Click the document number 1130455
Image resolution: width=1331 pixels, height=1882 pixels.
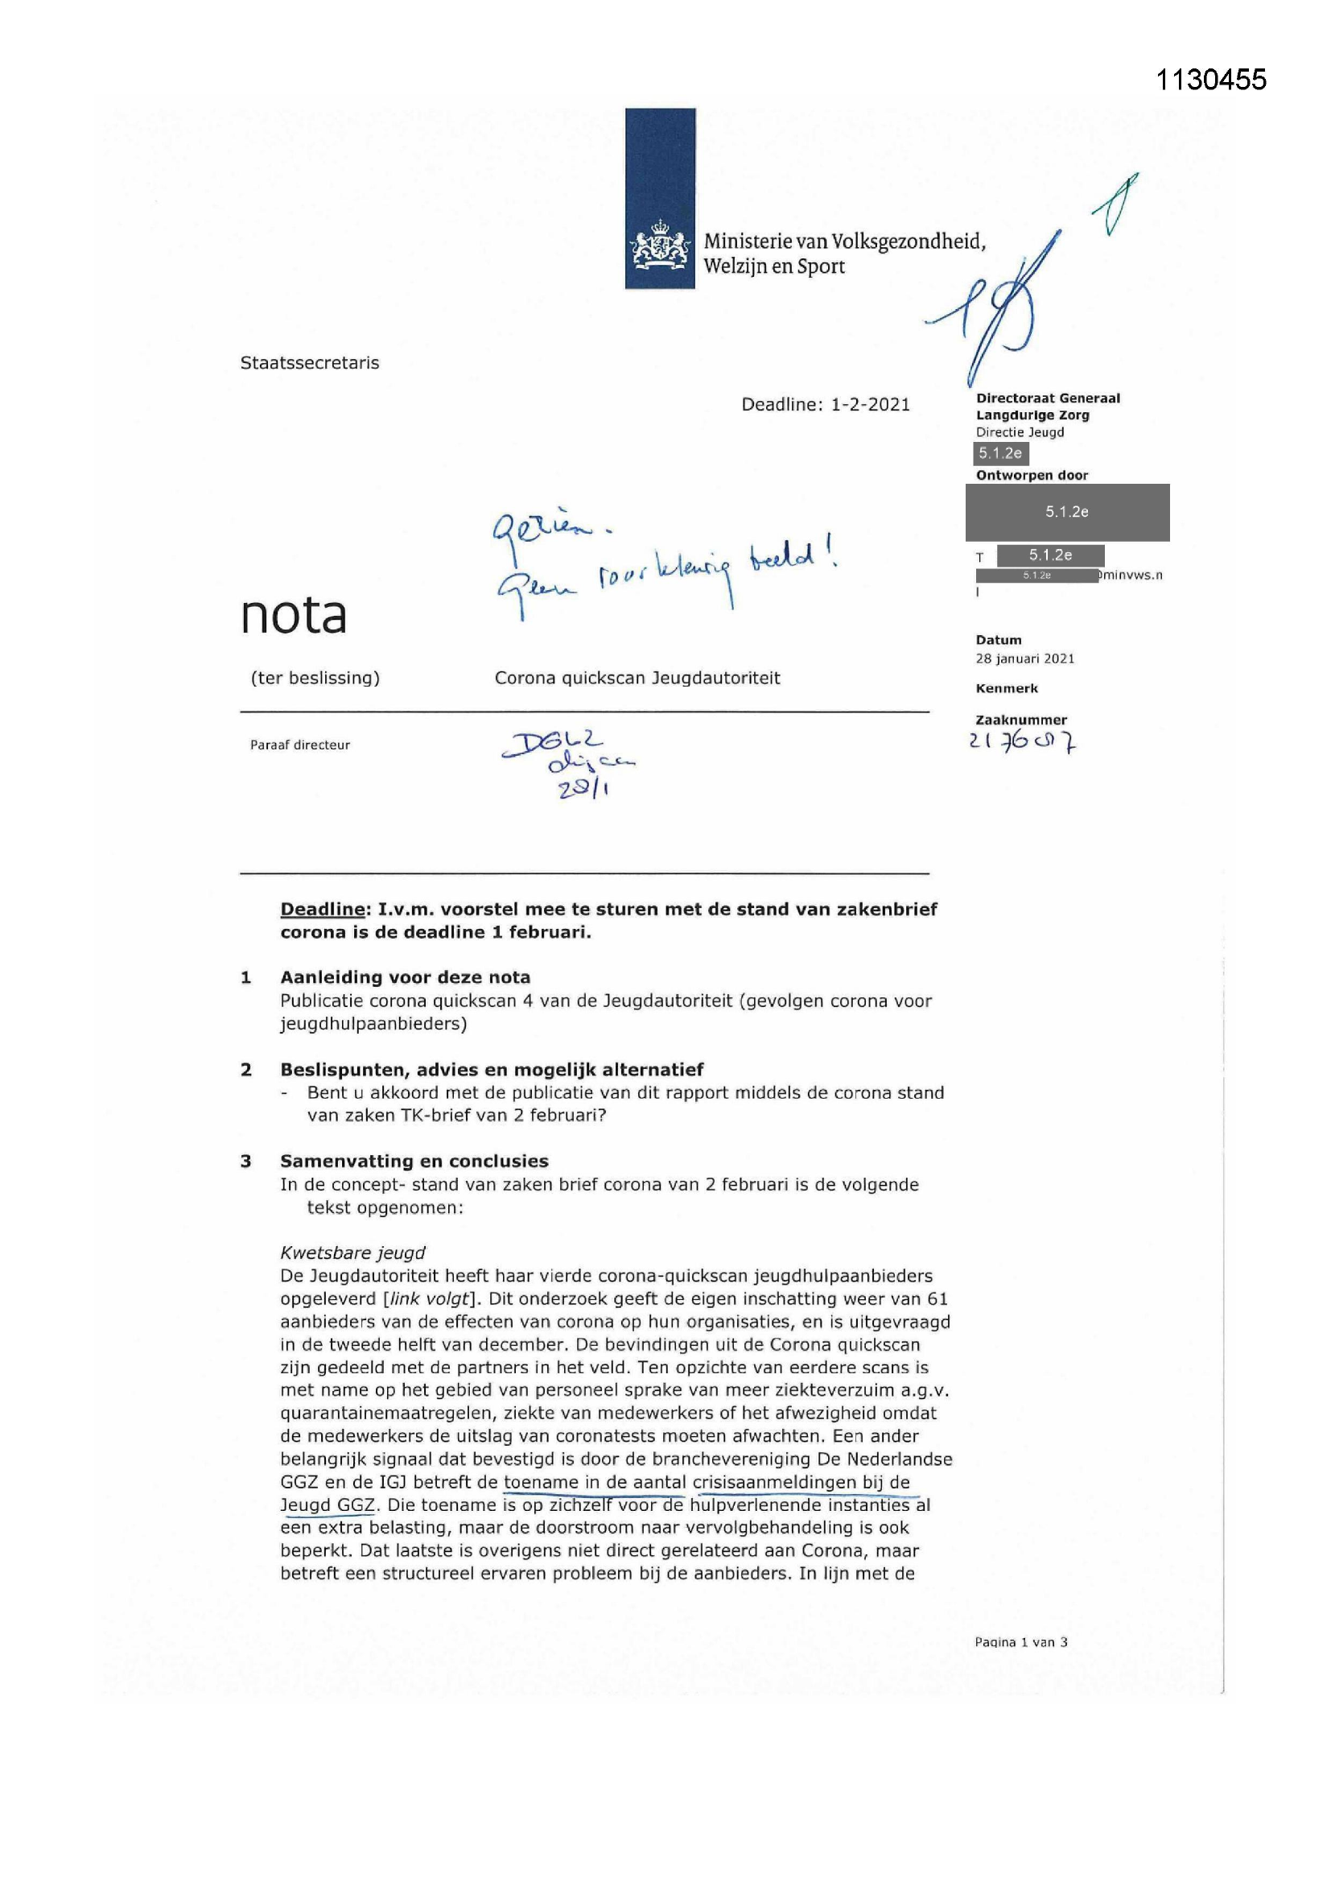click(1210, 80)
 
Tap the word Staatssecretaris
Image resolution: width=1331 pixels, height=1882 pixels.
click(309, 363)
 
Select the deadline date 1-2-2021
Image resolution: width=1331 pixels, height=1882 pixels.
click(870, 404)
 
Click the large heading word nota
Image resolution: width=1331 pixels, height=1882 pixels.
click(293, 616)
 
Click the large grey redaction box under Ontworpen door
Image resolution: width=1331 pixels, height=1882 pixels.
click(1066, 512)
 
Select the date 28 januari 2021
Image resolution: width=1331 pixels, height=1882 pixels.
click(1024, 658)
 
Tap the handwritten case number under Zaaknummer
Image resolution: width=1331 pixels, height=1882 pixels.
click(1022, 742)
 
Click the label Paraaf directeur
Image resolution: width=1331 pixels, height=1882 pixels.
click(300, 745)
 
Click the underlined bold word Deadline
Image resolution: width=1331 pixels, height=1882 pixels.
click(322, 909)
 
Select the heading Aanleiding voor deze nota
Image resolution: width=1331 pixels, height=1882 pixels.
click(405, 977)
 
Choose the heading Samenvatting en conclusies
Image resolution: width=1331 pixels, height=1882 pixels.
click(414, 1161)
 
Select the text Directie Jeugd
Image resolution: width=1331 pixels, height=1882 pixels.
click(1020, 432)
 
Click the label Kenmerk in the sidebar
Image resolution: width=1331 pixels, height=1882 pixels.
click(1007, 688)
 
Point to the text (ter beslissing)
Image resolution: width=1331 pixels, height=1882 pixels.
click(315, 678)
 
